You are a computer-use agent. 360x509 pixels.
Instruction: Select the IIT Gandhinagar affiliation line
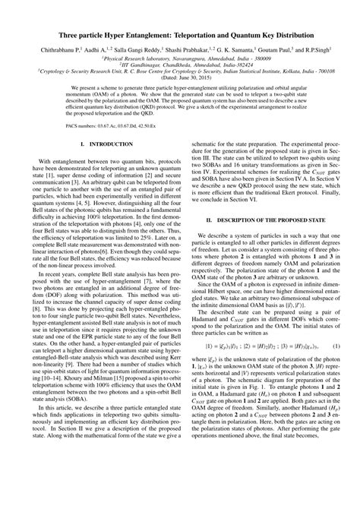[179, 65]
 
